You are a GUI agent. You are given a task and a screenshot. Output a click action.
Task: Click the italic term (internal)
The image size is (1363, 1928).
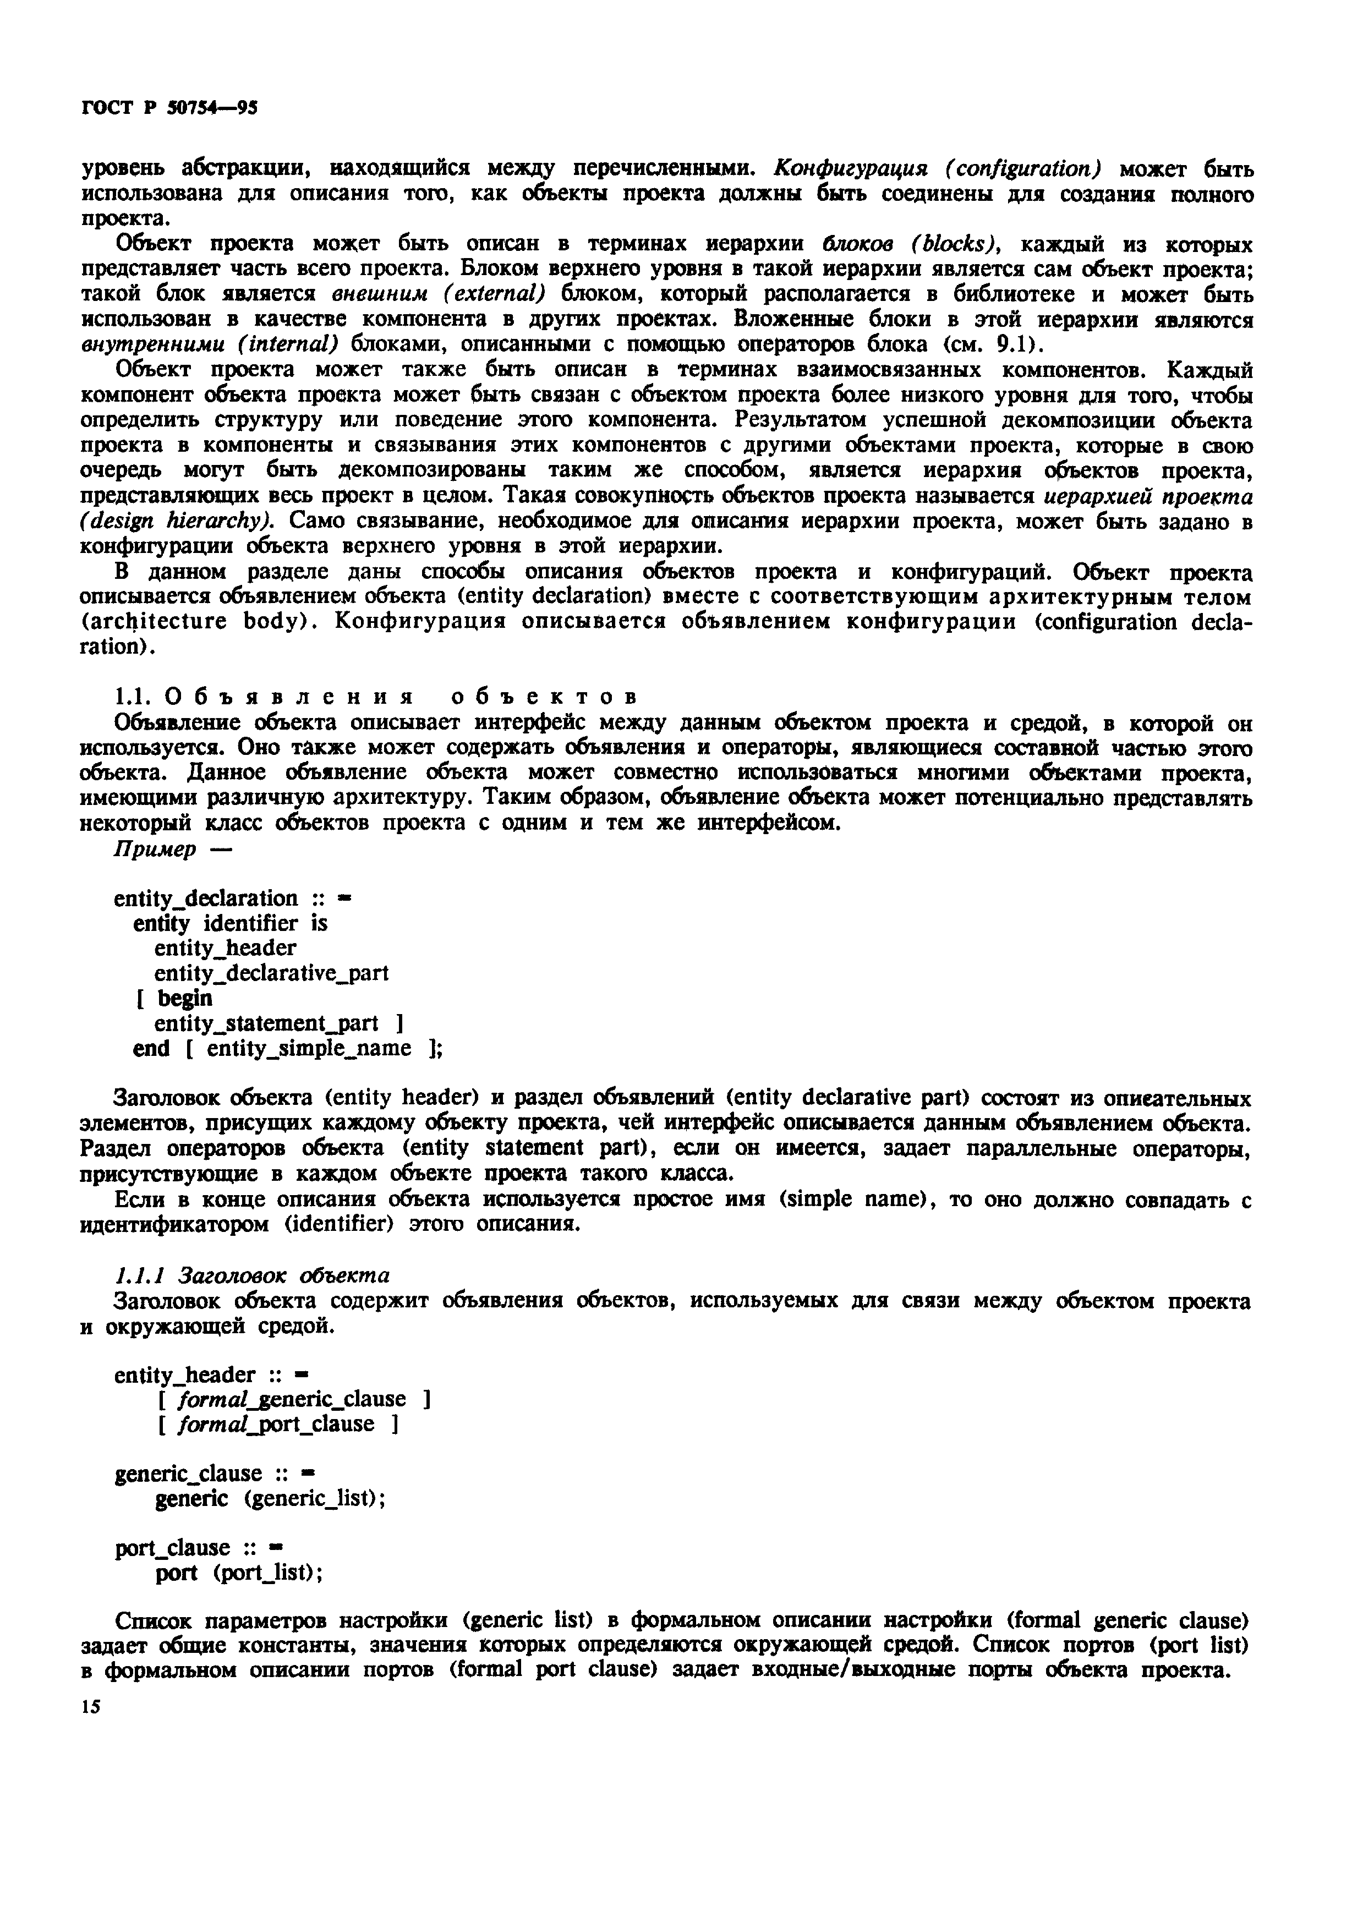(x=288, y=345)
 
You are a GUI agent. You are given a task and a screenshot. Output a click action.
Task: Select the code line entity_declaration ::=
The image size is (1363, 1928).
(x=232, y=899)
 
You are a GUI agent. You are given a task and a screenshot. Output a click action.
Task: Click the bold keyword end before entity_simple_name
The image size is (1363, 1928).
(x=151, y=1049)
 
